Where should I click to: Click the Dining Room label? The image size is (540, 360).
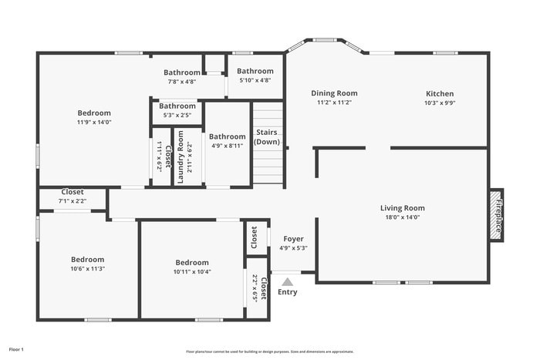(x=334, y=93)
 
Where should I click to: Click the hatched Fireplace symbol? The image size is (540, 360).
(x=497, y=214)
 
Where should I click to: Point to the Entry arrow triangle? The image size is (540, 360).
(x=287, y=282)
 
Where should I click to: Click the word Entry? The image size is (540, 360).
(x=287, y=292)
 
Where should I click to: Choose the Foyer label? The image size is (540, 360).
(x=293, y=239)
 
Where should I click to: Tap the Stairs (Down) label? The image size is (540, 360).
(x=267, y=137)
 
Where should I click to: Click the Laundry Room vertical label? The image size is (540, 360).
(x=181, y=156)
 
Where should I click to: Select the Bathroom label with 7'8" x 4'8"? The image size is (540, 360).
(x=181, y=72)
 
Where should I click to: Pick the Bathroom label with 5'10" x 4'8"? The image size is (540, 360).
(x=255, y=71)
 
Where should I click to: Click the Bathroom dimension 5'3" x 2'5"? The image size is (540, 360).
(x=177, y=115)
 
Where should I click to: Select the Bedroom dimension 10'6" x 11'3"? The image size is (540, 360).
(x=87, y=269)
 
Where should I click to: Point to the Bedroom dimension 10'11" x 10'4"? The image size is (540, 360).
(x=191, y=271)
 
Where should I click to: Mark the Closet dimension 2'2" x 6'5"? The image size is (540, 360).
(x=255, y=288)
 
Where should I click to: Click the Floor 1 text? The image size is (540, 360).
(x=16, y=349)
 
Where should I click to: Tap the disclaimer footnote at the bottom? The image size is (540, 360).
(x=269, y=352)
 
